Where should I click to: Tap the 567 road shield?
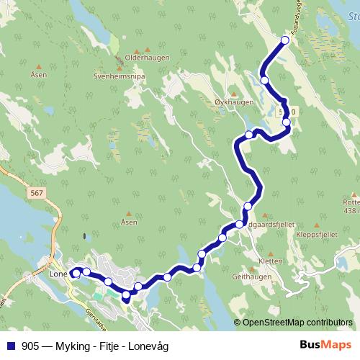(37, 192)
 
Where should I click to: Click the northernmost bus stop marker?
(284, 40)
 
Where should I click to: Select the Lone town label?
(58, 274)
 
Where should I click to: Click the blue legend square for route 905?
(10, 344)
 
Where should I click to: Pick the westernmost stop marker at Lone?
(76, 273)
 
